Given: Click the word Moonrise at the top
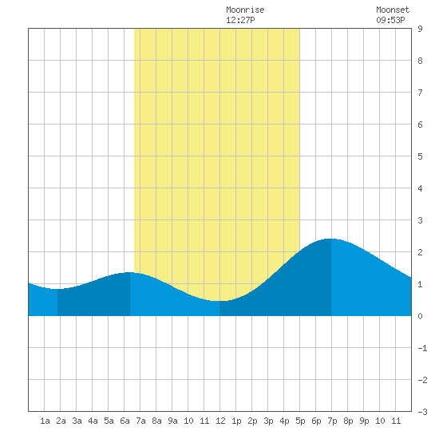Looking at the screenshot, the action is pos(245,10).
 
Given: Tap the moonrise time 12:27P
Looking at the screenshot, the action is pos(240,20).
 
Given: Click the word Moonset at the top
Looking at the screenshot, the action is pos(393,10).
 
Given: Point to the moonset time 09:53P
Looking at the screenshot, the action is pos(390,20).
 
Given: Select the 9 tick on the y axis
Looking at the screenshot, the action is pos(420,29).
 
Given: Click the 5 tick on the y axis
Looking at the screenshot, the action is pos(420,156).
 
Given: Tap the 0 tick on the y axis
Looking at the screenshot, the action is pos(420,316).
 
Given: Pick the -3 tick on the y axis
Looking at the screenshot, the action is pos(422,412).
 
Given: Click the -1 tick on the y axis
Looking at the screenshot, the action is pos(422,348).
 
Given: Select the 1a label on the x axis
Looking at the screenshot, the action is pos(45,421).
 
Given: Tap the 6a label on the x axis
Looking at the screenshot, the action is pos(125,421).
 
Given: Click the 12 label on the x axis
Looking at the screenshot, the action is pos(220,421).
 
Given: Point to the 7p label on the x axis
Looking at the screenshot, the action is pos(332,421).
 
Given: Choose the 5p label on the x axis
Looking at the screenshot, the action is pos(300,421).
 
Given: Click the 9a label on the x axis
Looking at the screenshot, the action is pos(172,421).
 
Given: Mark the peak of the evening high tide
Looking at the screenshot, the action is pos(331,239).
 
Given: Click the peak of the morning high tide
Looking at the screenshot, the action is pos(130,272).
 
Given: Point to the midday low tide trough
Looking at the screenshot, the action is pos(219,301).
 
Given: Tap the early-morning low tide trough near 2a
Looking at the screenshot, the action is pos(57,289).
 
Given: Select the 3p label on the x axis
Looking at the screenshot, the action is pos(268,421).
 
